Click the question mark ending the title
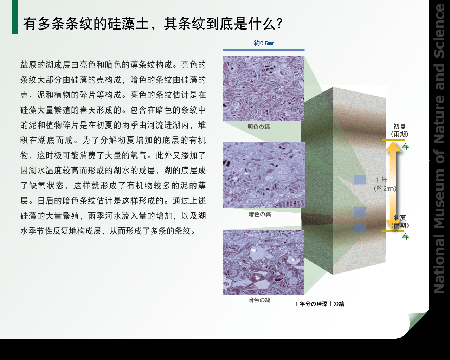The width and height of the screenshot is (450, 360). [x=279, y=24]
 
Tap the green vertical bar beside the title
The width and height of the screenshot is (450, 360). [x=15, y=17]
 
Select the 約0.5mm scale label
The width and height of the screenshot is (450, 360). [x=264, y=43]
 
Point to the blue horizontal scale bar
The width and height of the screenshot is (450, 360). [x=263, y=50]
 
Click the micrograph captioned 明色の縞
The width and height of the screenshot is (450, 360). [x=263, y=88]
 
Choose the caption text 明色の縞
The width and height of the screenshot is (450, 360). [x=259, y=127]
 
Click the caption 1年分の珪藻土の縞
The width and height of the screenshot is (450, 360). [x=320, y=304]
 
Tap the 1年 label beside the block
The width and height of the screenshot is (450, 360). [x=382, y=180]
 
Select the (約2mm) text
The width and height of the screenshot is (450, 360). [x=385, y=188]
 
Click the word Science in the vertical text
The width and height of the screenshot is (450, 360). [x=439, y=31]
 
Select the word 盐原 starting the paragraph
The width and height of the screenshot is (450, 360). [x=28, y=65]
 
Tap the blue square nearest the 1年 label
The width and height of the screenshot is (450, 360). [x=360, y=180]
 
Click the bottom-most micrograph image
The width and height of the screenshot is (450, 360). [x=263, y=262]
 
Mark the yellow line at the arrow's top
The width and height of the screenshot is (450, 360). [x=393, y=140]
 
